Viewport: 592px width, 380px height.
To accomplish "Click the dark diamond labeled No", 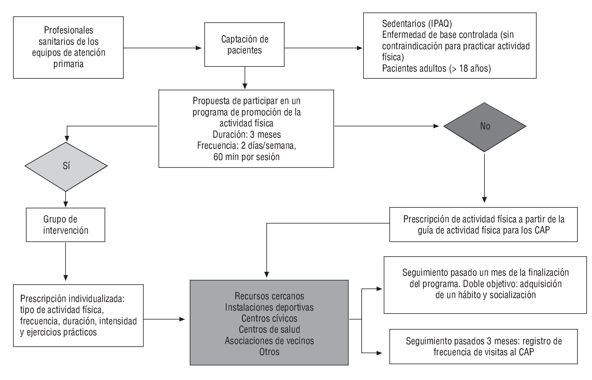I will pos(485,127).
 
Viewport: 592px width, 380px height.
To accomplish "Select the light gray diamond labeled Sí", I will pos(66,166).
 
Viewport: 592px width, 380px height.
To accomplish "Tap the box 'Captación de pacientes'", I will pos(244,45).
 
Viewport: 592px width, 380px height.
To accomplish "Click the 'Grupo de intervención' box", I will pos(66,225).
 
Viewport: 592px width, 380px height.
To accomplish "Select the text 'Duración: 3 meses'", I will pos(247,134).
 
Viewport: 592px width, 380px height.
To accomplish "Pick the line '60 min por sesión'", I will pos(246,157).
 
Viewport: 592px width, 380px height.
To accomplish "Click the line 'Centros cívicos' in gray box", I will pos(269,318).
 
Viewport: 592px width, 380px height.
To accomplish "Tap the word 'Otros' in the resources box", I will pos(269,352).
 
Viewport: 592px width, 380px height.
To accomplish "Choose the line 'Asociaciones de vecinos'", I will pos(269,341).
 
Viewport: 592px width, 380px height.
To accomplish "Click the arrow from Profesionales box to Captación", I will pos(162,48).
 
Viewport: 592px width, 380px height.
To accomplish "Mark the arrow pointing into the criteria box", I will pos(324,48).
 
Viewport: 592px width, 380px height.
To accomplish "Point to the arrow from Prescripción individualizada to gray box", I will pos(164,319).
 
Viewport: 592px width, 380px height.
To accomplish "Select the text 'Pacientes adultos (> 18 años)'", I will pos(436,69).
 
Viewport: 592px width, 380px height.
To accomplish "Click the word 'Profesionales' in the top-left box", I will pos(69,30).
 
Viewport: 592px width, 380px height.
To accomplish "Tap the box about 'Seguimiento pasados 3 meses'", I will pos(483,346).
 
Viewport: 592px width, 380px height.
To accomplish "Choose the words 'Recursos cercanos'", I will pos(269,296).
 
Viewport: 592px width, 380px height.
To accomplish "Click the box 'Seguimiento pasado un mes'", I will pos(485,285).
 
